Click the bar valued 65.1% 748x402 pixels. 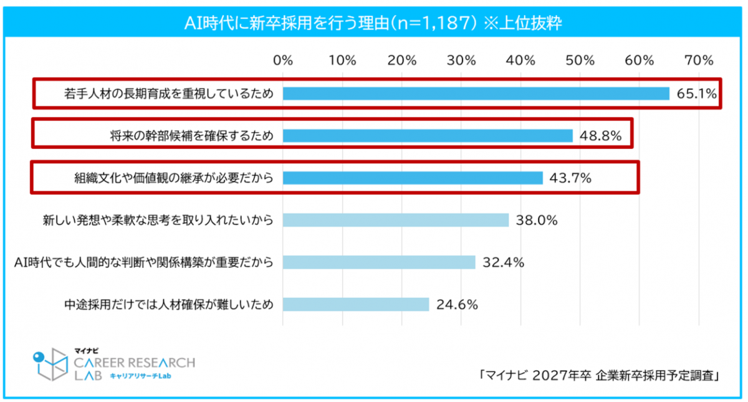click(x=476, y=93)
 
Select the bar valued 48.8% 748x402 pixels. click(x=428, y=136)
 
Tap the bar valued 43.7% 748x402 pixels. click(x=413, y=178)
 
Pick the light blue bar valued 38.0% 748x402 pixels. click(x=396, y=220)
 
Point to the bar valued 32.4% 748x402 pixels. click(x=379, y=262)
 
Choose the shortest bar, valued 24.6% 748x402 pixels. click(x=356, y=304)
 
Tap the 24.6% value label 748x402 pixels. click(x=457, y=305)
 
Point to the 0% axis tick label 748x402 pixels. click(x=283, y=60)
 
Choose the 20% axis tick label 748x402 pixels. click(x=401, y=60)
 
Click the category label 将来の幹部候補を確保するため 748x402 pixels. click(x=190, y=136)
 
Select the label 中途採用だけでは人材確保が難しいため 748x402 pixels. click(x=169, y=305)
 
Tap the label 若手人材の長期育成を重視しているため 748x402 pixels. click(x=169, y=93)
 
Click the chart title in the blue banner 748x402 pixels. click(x=374, y=22)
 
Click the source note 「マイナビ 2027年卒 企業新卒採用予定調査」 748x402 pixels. click(x=598, y=375)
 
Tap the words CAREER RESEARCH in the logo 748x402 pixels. click(x=134, y=362)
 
